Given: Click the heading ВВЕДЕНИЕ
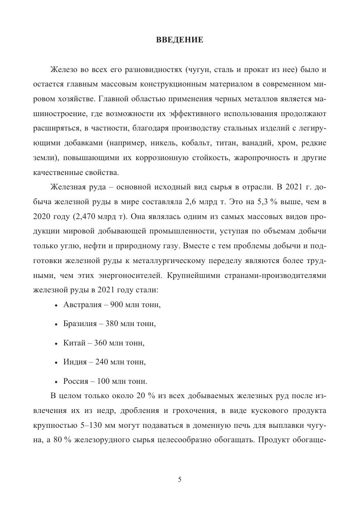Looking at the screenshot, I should (180, 40).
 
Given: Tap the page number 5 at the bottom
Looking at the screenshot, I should (180, 479).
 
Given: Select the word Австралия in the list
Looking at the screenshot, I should (81, 305).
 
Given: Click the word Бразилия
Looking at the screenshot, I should (80, 324).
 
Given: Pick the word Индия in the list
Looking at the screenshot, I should (75, 362).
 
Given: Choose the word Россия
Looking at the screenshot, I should (76, 381).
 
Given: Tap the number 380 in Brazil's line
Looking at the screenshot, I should (111, 324).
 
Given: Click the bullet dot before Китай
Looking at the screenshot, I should (56, 343).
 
